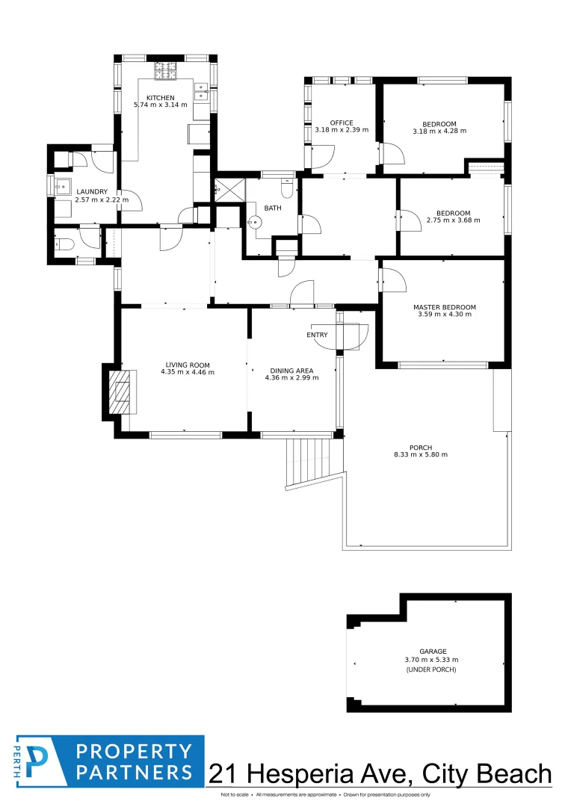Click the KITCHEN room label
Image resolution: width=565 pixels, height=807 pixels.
pos(160,98)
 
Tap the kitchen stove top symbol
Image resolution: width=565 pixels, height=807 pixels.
pos(166,70)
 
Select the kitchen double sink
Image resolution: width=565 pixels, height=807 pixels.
pos(201,91)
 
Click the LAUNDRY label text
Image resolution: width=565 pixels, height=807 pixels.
pos(92,191)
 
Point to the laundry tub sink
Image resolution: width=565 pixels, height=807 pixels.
pos(63,186)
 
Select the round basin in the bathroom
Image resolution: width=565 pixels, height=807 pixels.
pos(253,222)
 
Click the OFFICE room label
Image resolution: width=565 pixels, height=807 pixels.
pos(342,123)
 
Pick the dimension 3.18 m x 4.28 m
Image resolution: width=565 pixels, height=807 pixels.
pos(439,131)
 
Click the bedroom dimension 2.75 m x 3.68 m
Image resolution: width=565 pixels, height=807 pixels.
pos(453,220)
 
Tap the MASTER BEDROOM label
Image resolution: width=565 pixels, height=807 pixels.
pos(444,307)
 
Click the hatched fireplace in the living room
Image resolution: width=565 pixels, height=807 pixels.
pos(120,392)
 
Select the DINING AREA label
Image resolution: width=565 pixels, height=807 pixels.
pos(291,371)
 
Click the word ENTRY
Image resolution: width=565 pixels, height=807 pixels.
pos(317,335)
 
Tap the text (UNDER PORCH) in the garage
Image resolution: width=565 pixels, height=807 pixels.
pos(430,670)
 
